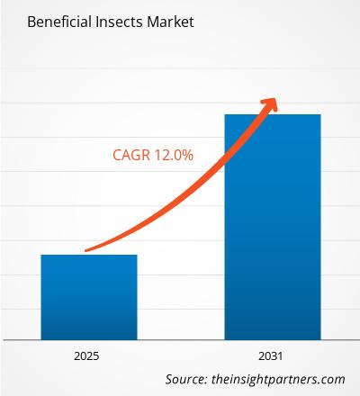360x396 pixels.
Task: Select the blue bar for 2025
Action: point(88,297)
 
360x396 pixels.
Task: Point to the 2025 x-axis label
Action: point(88,355)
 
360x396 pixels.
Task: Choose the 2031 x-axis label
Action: point(272,355)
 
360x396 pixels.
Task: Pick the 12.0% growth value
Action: point(173,155)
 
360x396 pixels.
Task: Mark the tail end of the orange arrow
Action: point(86,249)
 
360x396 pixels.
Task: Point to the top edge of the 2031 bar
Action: point(272,115)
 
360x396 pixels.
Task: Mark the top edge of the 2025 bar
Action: point(88,256)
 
